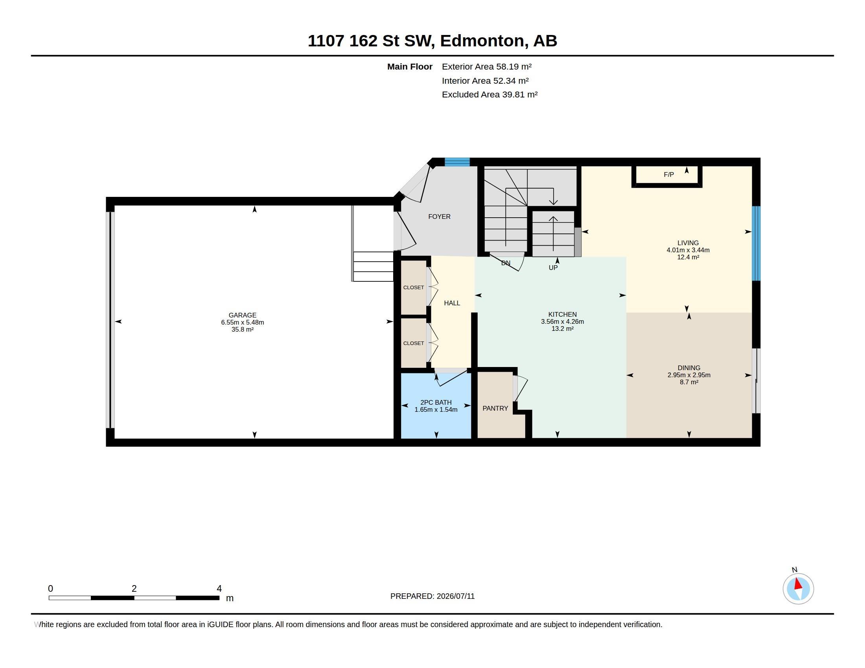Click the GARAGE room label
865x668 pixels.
(x=242, y=316)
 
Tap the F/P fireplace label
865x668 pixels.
(x=668, y=174)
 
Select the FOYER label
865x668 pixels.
(x=439, y=217)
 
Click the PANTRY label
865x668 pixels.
(x=495, y=408)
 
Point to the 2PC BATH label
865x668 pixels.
(x=436, y=402)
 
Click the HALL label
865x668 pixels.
(x=452, y=303)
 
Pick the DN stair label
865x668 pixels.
(x=506, y=263)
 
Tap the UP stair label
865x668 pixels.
(x=553, y=268)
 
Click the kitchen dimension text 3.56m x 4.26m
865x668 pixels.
(x=562, y=322)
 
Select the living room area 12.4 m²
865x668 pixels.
(x=688, y=257)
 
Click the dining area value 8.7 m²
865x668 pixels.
(x=689, y=382)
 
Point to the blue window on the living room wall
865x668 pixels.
(x=756, y=243)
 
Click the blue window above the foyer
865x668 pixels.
(x=457, y=162)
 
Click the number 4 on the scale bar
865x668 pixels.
(x=219, y=589)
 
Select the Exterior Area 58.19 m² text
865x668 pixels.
(x=487, y=66)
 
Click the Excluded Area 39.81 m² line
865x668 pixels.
(x=490, y=95)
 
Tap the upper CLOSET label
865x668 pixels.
(x=414, y=288)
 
